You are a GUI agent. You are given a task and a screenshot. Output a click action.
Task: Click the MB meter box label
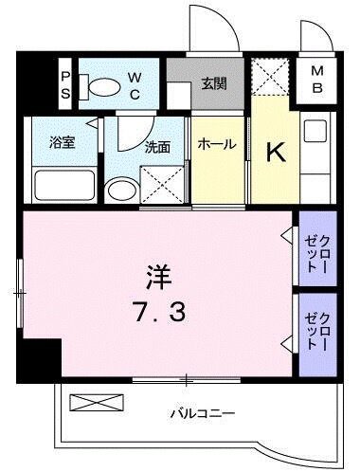[317, 81]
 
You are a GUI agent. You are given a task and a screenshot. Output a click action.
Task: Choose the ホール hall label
[217, 145]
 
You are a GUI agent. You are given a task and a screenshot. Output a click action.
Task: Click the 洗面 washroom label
[157, 148]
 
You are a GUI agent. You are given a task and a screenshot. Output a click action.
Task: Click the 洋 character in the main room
[158, 278]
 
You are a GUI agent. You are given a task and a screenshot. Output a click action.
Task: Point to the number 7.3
[157, 310]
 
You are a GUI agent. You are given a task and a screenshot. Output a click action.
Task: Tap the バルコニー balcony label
[202, 413]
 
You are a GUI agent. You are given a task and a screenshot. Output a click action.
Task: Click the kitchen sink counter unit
[316, 156]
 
